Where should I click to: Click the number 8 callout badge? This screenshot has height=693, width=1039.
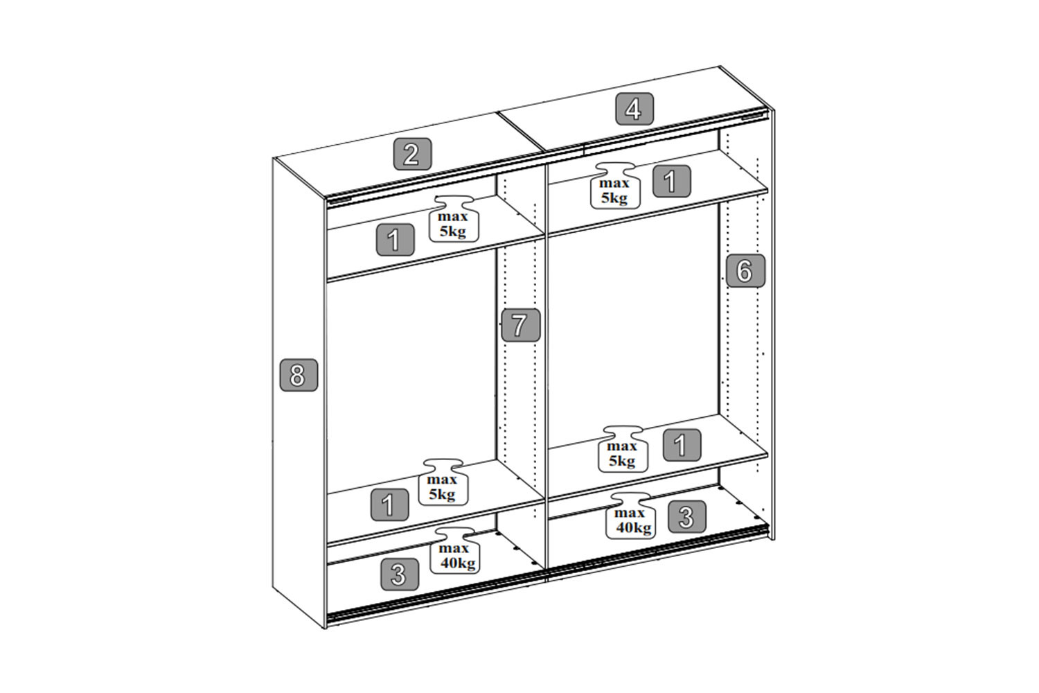click(299, 375)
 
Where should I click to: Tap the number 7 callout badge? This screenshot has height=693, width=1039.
click(521, 325)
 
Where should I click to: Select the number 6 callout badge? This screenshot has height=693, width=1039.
click(745, 270)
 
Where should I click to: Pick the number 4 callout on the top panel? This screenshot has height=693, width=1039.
click(634, 109)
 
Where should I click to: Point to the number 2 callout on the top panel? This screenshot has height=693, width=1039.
click(412, 154)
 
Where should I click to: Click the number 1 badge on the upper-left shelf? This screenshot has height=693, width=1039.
click(396, 240)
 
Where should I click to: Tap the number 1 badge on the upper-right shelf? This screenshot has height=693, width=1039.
click(672, 181)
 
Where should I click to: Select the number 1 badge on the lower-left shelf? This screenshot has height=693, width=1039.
click(389, 505)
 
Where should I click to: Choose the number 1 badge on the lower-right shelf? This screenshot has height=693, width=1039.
click(682, 445)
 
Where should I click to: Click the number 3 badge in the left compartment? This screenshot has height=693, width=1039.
click(400, 574)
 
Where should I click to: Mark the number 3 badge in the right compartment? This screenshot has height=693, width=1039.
click(687, 516)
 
